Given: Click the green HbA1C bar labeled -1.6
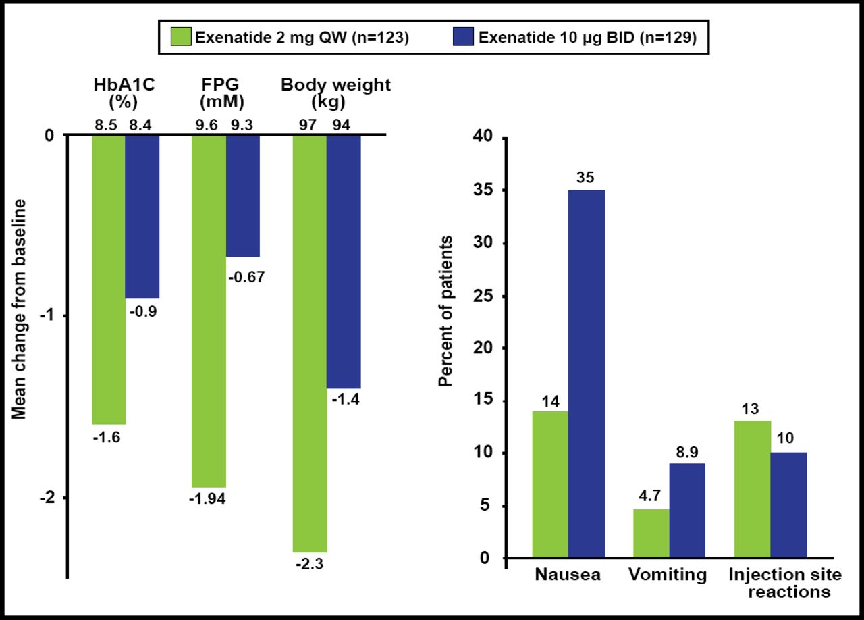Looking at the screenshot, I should coord(109,279).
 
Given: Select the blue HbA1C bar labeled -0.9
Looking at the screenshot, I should coord(142,216).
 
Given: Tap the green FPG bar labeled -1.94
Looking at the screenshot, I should coord(209,311).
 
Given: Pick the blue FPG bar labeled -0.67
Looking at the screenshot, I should coord(242,196).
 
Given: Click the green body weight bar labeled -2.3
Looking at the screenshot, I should coord(309,343).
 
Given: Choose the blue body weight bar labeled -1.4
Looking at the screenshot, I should coord(344,261).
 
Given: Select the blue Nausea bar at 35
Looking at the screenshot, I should coord(587,374).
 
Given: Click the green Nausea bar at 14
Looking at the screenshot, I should coord(550,484).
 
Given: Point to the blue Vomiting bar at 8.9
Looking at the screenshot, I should coord(688,511).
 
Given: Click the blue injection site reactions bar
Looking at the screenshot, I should coord(789,505).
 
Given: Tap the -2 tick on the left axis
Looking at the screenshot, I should coord(47,498).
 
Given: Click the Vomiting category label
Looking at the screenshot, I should coord(667,575).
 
